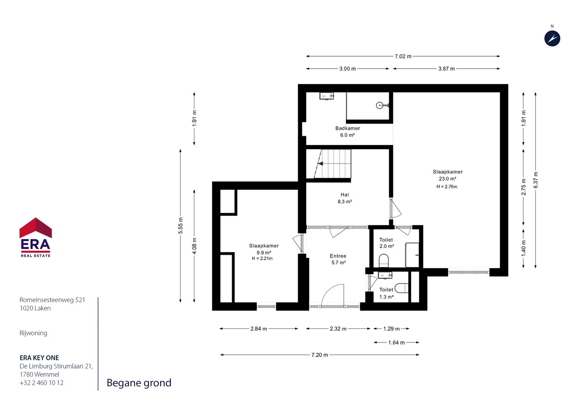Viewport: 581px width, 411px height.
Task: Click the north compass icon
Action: tap(552, 39)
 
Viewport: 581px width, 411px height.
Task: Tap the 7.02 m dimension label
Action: tap(403, 56)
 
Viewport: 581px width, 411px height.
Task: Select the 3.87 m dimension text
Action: tap(446, 69)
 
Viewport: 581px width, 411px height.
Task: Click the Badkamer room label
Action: tap(348, 128)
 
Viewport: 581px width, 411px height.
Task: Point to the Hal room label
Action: tap(345, 195)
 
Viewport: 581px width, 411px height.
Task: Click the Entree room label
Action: tap(338, 256)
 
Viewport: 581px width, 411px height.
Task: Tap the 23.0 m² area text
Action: tap(448, 178)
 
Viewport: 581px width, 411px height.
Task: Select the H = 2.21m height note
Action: tap(262, 258)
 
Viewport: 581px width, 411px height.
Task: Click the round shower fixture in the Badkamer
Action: tap(380, 105)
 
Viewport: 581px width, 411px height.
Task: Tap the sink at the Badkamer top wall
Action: tap(326, 96)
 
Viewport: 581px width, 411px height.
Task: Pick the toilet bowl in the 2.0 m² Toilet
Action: tap(384, 260)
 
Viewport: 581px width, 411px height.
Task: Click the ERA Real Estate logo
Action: tap(35, 237)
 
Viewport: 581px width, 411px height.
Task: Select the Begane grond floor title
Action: tap(139, 383)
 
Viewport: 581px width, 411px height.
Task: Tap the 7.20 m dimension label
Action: tap(320, 355)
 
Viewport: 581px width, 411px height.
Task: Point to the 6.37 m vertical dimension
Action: tap(536, 180)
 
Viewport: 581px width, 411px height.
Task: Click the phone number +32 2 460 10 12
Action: tap(42, 383)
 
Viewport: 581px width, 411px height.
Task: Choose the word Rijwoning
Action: tap(33, 333)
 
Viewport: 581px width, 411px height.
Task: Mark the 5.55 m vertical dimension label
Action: tap(181, 225)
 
